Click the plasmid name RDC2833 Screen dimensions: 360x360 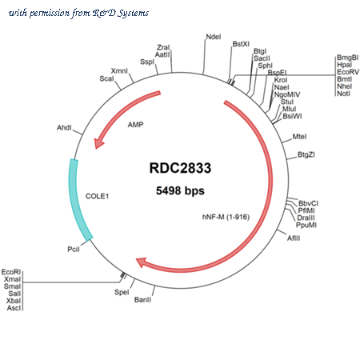pyautogui.click(x=180, y=168)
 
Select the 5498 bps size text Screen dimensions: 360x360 pyautogui.click(x=180, y=190)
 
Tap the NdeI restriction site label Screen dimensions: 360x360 pyautogui.click(x=214, y=37)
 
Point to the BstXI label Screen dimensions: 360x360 pyautogui.click(x=241, y=44)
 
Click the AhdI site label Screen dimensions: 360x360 pyautogui.click(x=64, y=128)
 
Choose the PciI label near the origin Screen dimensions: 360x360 pyautogui.click(x=74, y=250)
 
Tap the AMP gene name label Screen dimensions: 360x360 pyautogui.click(x=135, y=125)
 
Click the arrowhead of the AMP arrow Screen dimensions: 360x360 pyautogui.click(x=98, y=143)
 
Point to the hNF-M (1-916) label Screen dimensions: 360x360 pyautogui.click(x=226, y=217)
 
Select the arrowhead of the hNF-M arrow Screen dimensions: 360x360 pyautogui.click(x=141, y=262)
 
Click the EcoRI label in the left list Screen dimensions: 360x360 pyautogui.click(x=11, y=272)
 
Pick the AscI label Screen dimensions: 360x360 pyautogui.click(x=14, y=308)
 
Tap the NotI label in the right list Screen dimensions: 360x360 pyautogui.click(x=343, y=94)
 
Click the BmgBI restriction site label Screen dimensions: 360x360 pyautogui.click(x=348, y=58)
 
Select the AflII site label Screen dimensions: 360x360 pyautogui.click(x=294, y=238)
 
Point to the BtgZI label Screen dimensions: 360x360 pyautogui.click(x=306, y=154)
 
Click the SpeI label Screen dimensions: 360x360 pyautogui.click(x=122, y=292)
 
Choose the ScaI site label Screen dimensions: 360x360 pyautogui.click(x=106, y=78)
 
